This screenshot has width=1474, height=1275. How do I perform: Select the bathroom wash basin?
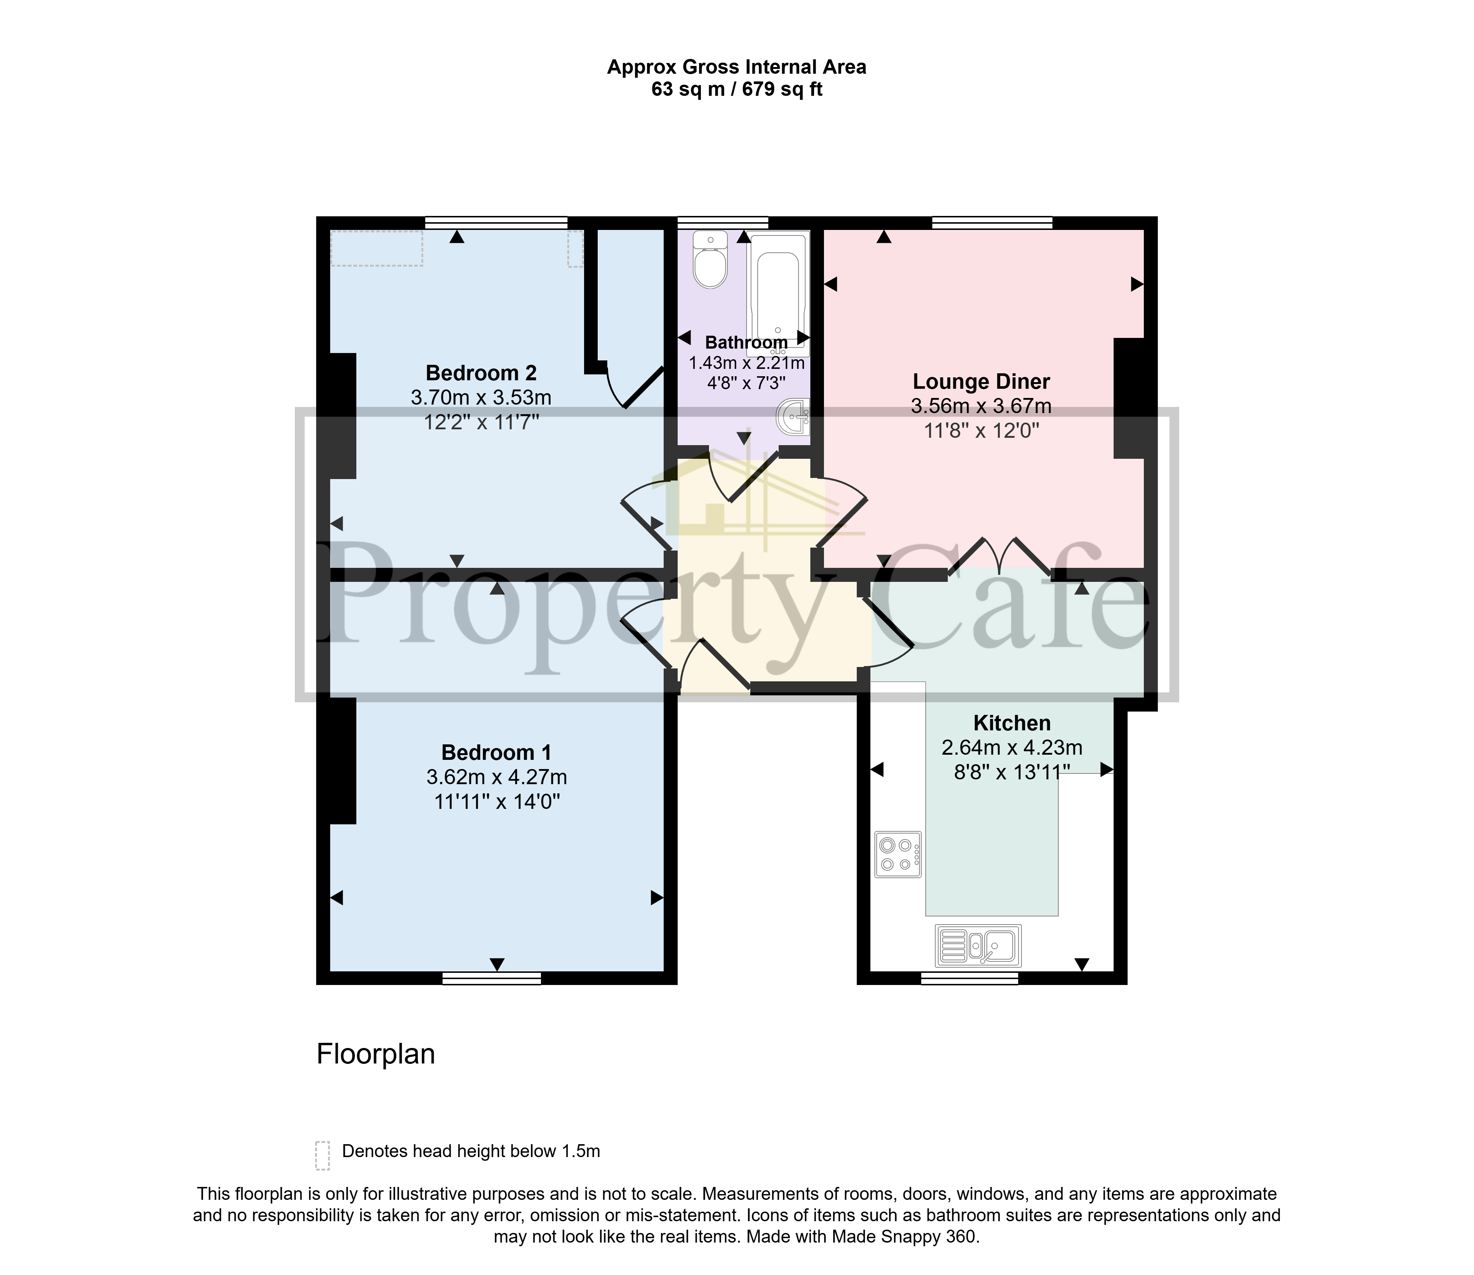794,416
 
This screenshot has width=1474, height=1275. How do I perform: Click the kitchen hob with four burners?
898,855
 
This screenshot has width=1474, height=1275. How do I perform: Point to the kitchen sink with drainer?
978,945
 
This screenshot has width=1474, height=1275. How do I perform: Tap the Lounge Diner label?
981,382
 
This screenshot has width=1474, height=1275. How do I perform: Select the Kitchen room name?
1012,724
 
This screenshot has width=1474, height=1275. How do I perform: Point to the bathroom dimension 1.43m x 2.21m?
746,364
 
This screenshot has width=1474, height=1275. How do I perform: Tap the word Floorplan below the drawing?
376,1054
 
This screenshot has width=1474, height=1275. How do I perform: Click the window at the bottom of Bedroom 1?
492,979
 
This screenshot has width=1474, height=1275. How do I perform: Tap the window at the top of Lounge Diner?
992,223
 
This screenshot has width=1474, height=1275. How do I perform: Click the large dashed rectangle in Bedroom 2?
377,248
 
